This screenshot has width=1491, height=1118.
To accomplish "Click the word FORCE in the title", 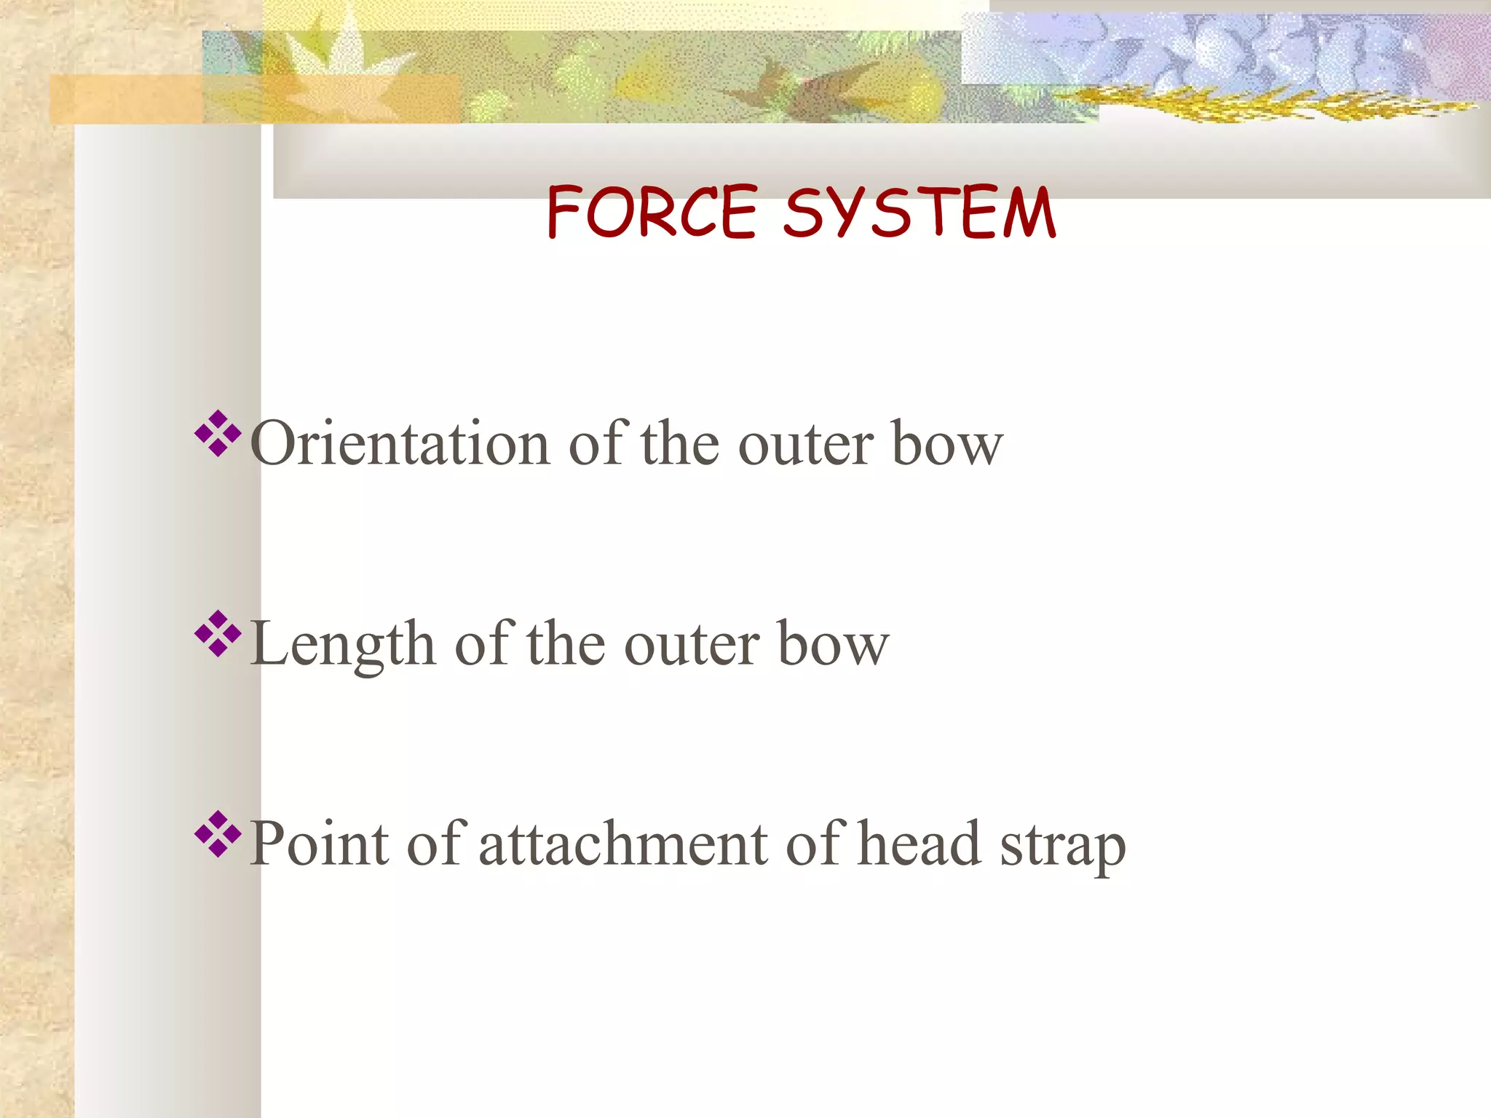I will (x=652, y=212).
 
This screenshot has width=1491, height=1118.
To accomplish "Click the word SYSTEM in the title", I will (x=919, y=212).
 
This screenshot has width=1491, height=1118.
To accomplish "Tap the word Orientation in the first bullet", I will (x=400, y=443).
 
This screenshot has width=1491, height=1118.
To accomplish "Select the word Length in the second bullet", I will (x=342, y=644).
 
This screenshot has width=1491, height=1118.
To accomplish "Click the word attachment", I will (x=623, y=844).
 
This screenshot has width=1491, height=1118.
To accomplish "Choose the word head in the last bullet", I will (x=919, y=844).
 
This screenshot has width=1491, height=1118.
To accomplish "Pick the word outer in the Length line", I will (x=692, y=646).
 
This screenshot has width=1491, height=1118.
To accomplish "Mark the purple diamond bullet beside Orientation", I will (x=218, y=434).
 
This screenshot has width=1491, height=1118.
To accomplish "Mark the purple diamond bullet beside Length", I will (x=218, y=634).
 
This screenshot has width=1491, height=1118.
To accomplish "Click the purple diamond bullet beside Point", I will (x=218, y=833).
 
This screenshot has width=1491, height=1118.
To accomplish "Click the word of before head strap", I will (x=816, y=844).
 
